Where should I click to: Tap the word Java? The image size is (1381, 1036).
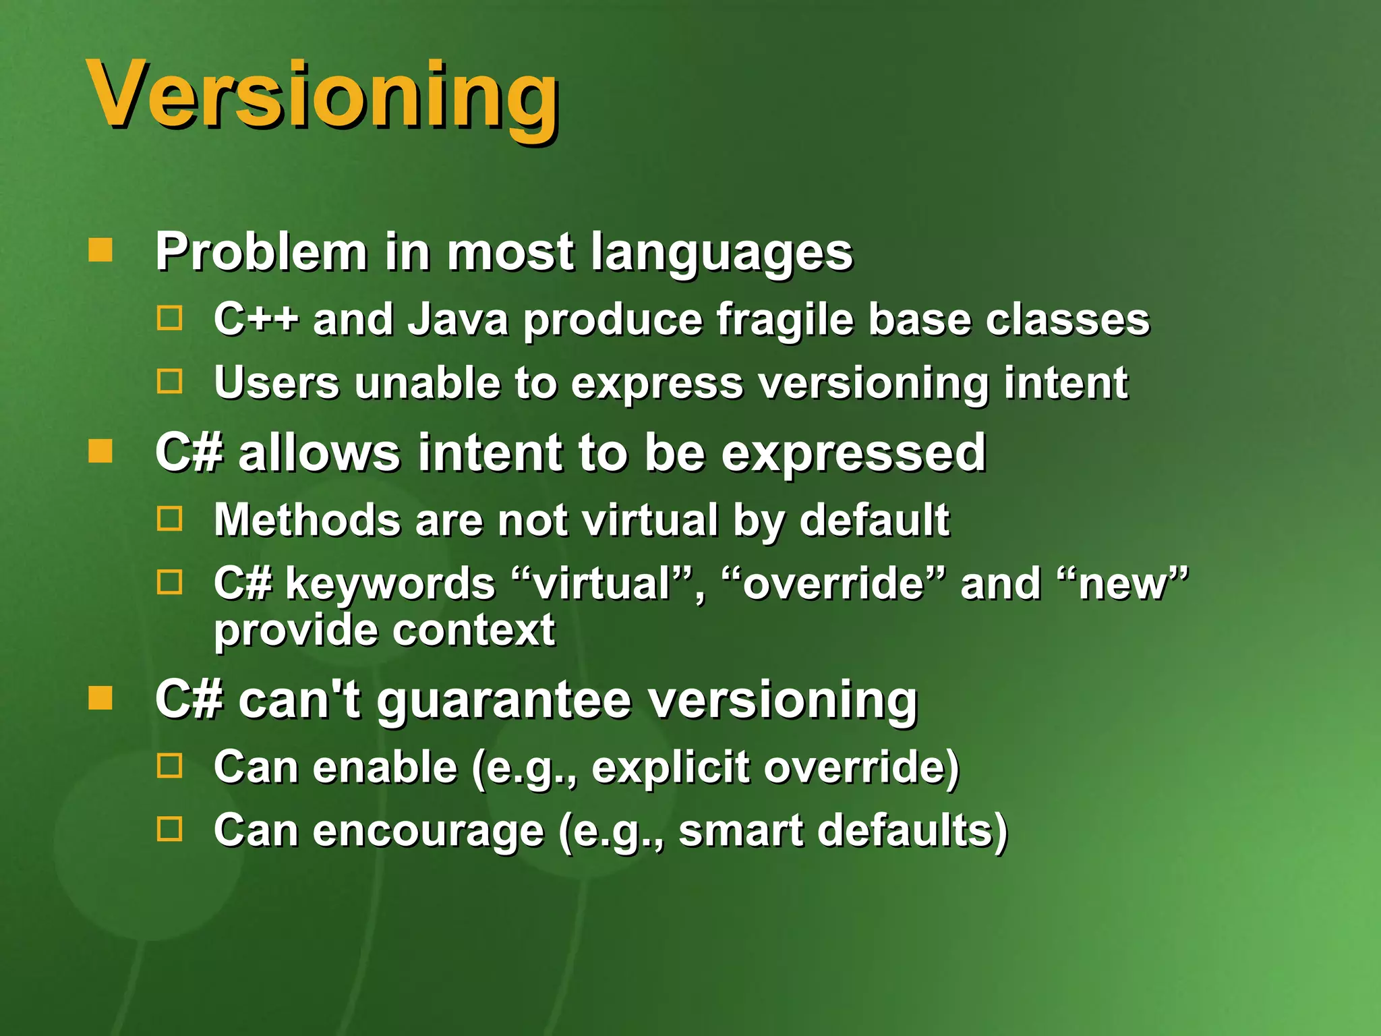click(x=459, y=319)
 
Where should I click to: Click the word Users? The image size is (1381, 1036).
click(x=276, y=382)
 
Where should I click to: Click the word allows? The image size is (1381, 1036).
click(x=320, y=453)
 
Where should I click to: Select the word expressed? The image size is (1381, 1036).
click(x=854, y=454)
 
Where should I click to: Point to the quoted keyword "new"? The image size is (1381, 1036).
click(x=1122, y=583)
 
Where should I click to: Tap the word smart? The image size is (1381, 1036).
click(x=740, y=830)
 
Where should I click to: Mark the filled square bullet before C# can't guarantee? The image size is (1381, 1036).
click(x=100, y=699)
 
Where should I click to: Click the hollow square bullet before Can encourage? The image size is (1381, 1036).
click(x=169, y=829)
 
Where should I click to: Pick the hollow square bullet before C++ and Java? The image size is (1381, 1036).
click(x=169, y=318)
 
